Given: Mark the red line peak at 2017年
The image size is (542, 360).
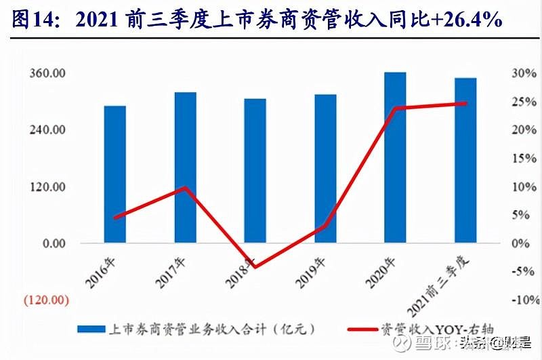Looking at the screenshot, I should (186, 187).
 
